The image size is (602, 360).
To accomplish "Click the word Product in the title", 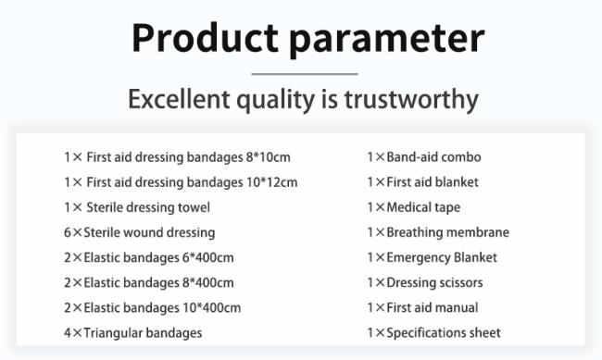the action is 205,38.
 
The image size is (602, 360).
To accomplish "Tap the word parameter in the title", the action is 386,41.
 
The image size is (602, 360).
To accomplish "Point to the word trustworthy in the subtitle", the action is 411,100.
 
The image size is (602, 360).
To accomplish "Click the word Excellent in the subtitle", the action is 179,99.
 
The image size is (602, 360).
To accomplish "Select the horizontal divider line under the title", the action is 305,74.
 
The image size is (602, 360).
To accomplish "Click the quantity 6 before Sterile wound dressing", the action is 68,232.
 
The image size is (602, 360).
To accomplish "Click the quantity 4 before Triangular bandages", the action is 68,333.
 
